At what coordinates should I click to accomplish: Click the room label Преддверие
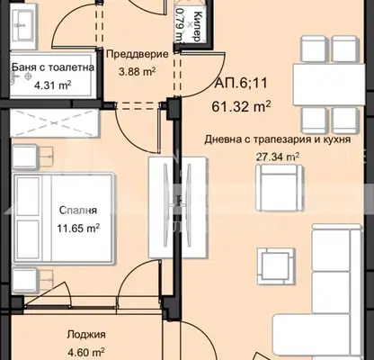click(x=138, y=54)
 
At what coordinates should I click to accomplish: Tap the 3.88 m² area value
click(x=137, y=72)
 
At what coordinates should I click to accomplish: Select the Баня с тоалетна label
click(x=53, y=67)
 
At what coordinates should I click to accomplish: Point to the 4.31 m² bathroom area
click(x=53, y=85)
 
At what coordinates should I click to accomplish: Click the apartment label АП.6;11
click(x=240, y=83)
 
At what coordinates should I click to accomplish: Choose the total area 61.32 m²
click(x=241, y=106)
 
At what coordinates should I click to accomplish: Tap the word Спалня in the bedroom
click(x=78, y=210)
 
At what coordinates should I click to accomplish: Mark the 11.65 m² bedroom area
click(x=78, y=229)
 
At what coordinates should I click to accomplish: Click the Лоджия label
click(x=86, y=334)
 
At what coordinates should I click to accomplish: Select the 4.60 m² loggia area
click(x=85, y=351)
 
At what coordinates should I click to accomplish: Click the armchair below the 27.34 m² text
click(x=279, y=188)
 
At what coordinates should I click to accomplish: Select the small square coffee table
click(x=275, y=266)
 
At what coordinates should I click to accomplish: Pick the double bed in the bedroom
click(x=64, y=219)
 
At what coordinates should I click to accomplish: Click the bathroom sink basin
click(x=23, y=26)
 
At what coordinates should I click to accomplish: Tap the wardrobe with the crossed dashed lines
click(x=55, y=123)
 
